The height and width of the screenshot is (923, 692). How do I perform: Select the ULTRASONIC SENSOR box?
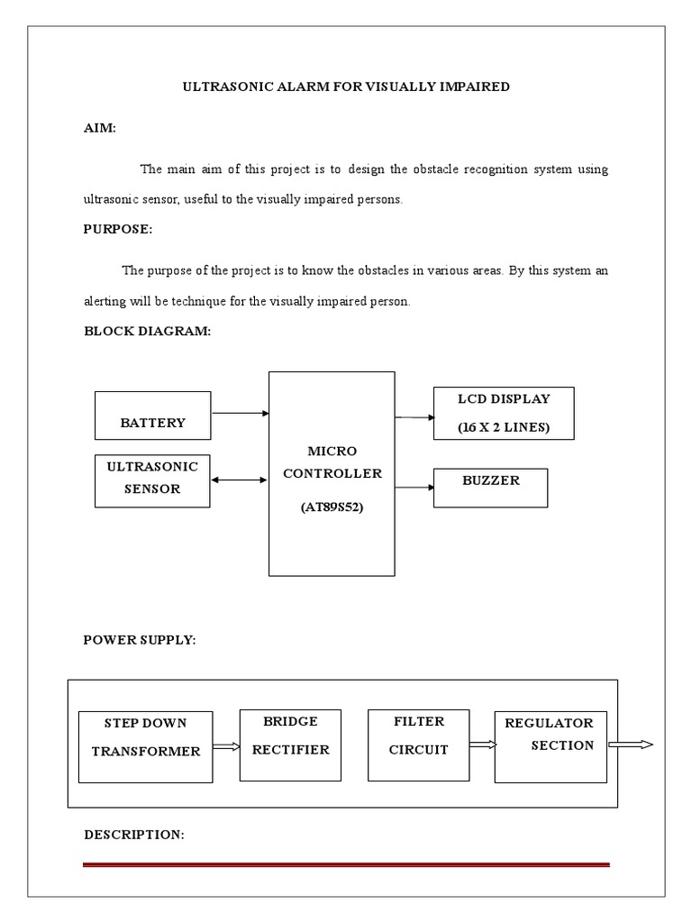pos(152,480)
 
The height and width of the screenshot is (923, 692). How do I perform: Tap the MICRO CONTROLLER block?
pos(332,473)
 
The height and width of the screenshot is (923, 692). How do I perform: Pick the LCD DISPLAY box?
pos(504,414)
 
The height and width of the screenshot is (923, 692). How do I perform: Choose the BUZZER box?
pos(491,488)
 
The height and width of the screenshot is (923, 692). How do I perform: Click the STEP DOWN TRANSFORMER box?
pos(146,747)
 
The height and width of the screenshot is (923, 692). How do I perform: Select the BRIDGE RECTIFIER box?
pos(290,745)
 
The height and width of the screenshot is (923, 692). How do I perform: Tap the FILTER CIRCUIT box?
pos(419,745)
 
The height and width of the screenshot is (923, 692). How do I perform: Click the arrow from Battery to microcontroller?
pos(241,414)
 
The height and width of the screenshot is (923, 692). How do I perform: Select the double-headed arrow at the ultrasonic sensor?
pos(239,480)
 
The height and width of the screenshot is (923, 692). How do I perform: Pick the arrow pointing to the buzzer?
pos(414,488)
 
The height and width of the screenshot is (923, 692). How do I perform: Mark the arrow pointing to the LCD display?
pos(414,417)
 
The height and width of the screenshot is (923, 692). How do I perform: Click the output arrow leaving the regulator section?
pos(631,745)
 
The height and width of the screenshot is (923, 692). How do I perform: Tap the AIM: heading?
pos(100,128)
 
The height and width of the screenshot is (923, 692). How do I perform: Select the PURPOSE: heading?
pos(118,229)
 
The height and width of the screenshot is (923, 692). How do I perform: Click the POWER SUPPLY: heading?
pos(140,640)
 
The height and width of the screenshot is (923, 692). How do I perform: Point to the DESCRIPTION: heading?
pos(134,835)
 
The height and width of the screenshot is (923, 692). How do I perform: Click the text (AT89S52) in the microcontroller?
pos(332,507)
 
